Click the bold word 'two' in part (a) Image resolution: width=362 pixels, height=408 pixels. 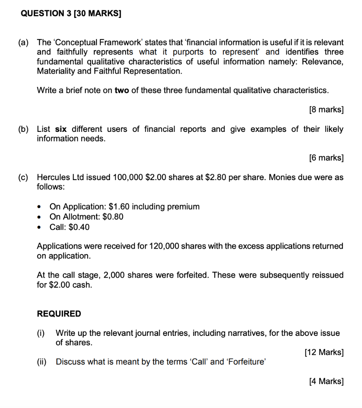coord(122,90)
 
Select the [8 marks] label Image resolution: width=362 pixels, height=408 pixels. coord(326,110)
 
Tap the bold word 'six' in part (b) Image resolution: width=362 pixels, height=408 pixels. coord(60,129)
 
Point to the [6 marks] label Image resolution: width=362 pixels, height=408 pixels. coord(326,158)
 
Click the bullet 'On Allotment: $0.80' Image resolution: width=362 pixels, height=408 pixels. coord(86,217)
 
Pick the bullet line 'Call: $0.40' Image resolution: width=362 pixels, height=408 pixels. coord(70,227)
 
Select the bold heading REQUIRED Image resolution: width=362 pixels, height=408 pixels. coord(59,314)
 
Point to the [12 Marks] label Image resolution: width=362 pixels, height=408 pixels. coord(324,352)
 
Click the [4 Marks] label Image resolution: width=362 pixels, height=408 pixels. coord(326,381)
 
